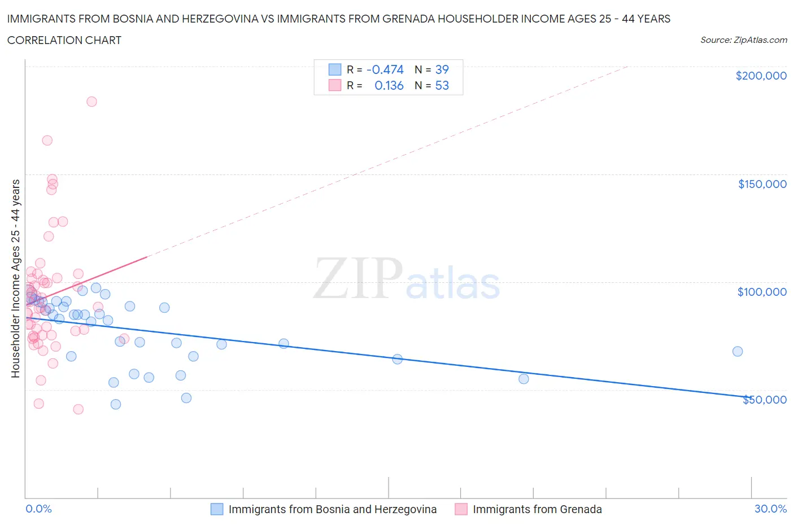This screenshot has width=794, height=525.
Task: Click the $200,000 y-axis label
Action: coord(761,76)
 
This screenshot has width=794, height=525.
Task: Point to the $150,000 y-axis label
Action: coord(762,184)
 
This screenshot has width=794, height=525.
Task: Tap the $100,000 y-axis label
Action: coord(762,292)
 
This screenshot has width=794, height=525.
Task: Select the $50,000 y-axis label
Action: coord(764,400)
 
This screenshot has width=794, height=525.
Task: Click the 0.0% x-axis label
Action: coord(38,509)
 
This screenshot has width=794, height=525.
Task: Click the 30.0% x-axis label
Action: coord(770,509)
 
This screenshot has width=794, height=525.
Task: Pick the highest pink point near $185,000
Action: coord(91,102)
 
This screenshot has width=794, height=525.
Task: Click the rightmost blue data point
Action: coord(738,351)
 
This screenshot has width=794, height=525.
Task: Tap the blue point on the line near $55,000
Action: coord(523,379)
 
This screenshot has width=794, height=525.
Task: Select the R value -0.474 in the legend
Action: coord(385,69)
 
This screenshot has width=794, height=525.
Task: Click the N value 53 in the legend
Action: coord(442,86)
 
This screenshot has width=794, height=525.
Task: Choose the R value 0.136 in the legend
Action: coord(389,86)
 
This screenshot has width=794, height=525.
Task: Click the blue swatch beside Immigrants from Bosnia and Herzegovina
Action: coord(217,509)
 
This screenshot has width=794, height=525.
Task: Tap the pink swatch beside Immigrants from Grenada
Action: coord(461,509)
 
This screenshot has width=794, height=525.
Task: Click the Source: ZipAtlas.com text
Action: coord(743,40)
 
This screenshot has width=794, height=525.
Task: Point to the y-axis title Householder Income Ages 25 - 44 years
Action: coord(15,278)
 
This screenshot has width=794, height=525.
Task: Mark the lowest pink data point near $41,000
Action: coord(78,409)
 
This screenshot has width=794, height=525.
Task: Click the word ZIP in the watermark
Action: coord(357,278)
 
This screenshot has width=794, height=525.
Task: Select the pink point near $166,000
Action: coord(47,141)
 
